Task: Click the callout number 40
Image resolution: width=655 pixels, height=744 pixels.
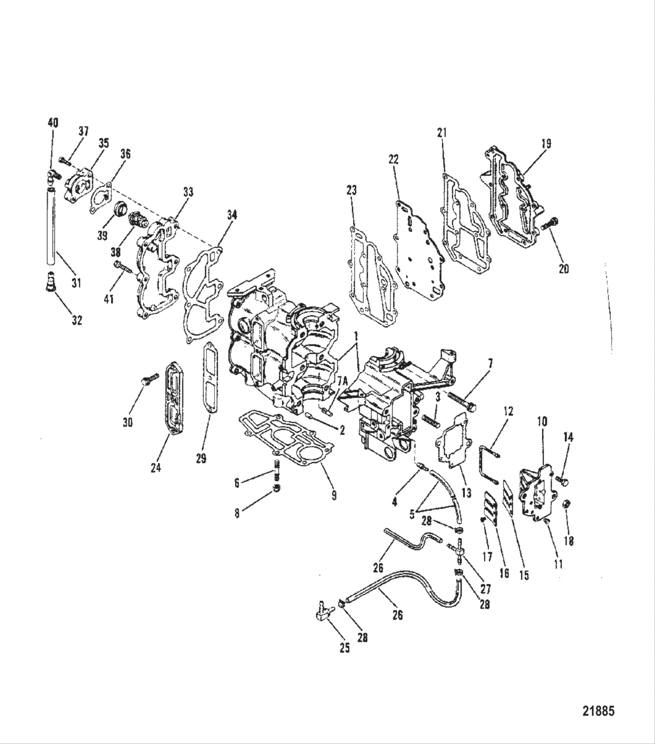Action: pyautogui.click(x=53, y=123)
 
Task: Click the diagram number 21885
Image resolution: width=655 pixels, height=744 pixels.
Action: pyautogui.click(x=598, y=711)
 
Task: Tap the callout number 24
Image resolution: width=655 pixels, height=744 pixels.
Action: pyautogui.click(x=156, y=468)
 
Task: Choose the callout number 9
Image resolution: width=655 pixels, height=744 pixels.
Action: pyautogui.click(x=333, y=495)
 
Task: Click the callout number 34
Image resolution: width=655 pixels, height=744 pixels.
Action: pyautogui.click(x=232, y=215)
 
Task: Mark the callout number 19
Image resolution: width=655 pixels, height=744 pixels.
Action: pyautogui.click(x=546, y=143)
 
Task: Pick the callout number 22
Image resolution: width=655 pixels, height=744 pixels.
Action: pyautogui.click(x=393, y=159)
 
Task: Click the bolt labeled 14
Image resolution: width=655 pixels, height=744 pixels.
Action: pyautogui.click(x=564, y=480)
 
